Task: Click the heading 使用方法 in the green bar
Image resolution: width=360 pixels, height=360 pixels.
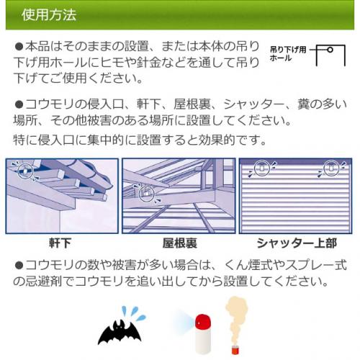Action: pyautogui.click(x=49, y=15)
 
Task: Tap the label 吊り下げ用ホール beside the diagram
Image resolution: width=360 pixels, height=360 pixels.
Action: pyautogui.click(x=288, y=54)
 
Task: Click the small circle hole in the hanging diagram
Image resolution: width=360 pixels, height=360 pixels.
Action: pyautogui.click(x=330, y=50)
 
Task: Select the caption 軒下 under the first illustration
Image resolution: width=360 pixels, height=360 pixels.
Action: pyautogui.click(x=60, y=243)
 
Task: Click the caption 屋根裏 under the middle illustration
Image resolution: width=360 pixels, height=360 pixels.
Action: pyautogui.click(x=180, y=243)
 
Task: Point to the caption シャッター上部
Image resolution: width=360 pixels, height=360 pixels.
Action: pyautogui.click(x=297, y=243)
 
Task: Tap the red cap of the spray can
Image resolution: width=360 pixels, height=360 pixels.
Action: pyautogui.click(x=203, y=320)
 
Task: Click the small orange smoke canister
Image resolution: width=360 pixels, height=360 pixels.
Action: pyautogui.click(x=235, y=348)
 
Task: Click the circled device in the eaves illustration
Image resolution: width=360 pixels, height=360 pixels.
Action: pyautogui.click(x=25, y=170)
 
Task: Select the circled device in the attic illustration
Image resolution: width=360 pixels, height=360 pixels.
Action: pyautogui.click(x=147, y=194)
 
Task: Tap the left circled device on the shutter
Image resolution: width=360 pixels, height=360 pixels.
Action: pyautogui.click(x=262, y=168)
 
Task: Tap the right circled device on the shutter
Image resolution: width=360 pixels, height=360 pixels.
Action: pyautogui.click(x=331, y=168)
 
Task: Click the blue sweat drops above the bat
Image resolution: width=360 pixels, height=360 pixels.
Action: pyautogui.click(x=133, y=313)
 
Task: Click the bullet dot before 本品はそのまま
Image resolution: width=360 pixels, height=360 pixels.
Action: pyautogui.click(x=19, y=47)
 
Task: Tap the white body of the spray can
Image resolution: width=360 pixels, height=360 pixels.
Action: pyautogui.click(x=203, y=341)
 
